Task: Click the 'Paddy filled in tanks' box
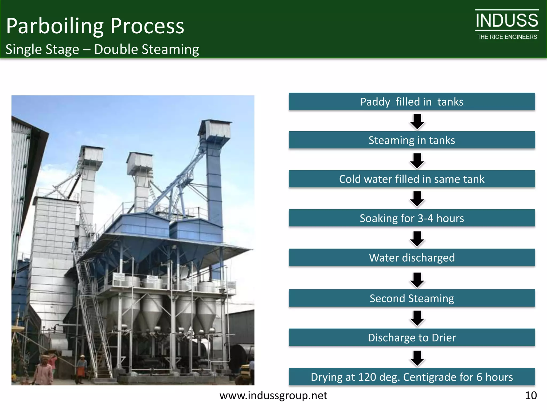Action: tap(412, 102)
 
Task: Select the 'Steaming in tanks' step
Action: tap(412, 140)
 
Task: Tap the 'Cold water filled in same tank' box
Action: tap(412, 179)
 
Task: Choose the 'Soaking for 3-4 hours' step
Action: tap(412, 218)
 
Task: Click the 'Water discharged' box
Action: tap(412, 258)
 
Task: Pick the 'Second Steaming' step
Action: tap(412, 298)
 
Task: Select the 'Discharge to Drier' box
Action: tap(412, 337)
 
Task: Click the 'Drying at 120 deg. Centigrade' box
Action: tap(412, 377)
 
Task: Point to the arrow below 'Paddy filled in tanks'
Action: tap(417, 121)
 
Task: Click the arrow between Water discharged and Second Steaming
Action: tap(417, 280)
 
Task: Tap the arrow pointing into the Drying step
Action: tap(417, 358)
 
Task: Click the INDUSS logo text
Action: tap(507, 21)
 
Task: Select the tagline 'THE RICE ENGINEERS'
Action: tap(507, 37)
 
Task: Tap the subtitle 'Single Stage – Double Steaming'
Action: tap(102, 49)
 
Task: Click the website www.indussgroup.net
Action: tap(273, 395)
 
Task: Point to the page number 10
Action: tap(531, 395)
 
